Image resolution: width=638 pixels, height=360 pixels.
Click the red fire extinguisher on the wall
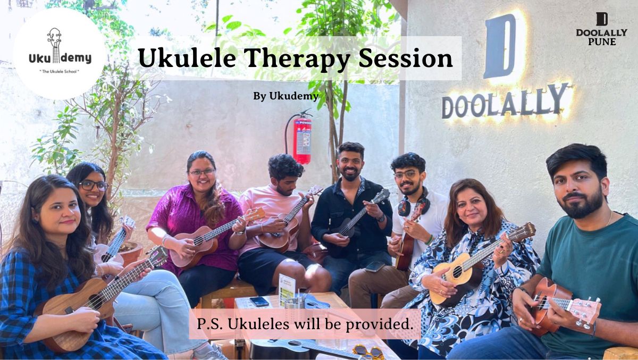coord(302,140)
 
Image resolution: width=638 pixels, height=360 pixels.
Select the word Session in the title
coord(406,57)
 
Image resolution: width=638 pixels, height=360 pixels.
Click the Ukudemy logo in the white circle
coord(60,51)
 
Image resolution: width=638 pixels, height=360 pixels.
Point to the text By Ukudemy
coord(286,96)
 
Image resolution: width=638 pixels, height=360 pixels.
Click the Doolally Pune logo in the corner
coord(601,29)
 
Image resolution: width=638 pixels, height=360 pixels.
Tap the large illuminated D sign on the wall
coord(500,46)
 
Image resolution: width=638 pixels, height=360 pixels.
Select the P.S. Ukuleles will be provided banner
coord(305,324)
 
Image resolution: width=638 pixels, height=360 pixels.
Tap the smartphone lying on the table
coord(259,302)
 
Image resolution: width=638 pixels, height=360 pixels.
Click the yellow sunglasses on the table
coord(367,351)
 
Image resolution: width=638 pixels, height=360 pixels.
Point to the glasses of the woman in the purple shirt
coord(202,172)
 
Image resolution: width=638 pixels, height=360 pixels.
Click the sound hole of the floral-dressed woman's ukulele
coord(457,271)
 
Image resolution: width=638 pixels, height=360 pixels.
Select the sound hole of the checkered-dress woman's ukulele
coord(95,302)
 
